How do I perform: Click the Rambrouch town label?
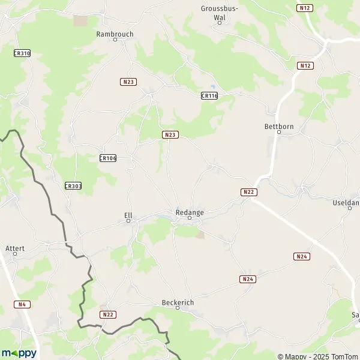[115, 34]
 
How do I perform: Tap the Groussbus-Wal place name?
[220, 13]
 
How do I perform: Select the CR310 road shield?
[22, 53]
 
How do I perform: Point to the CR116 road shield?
[209, 95]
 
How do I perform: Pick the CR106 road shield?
[107, 158]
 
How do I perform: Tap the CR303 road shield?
[73, 186]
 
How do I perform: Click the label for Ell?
[128, 213]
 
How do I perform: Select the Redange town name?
[190, 212]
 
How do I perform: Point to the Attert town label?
[15, 247]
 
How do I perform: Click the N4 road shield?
[23, 304]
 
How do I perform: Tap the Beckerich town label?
[178, 302]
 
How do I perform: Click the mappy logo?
[19, 353]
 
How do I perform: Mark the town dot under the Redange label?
[190, 218]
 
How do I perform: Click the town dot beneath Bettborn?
[278, 132]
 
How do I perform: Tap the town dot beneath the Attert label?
[15, 253]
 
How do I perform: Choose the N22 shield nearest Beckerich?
[108, 314]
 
